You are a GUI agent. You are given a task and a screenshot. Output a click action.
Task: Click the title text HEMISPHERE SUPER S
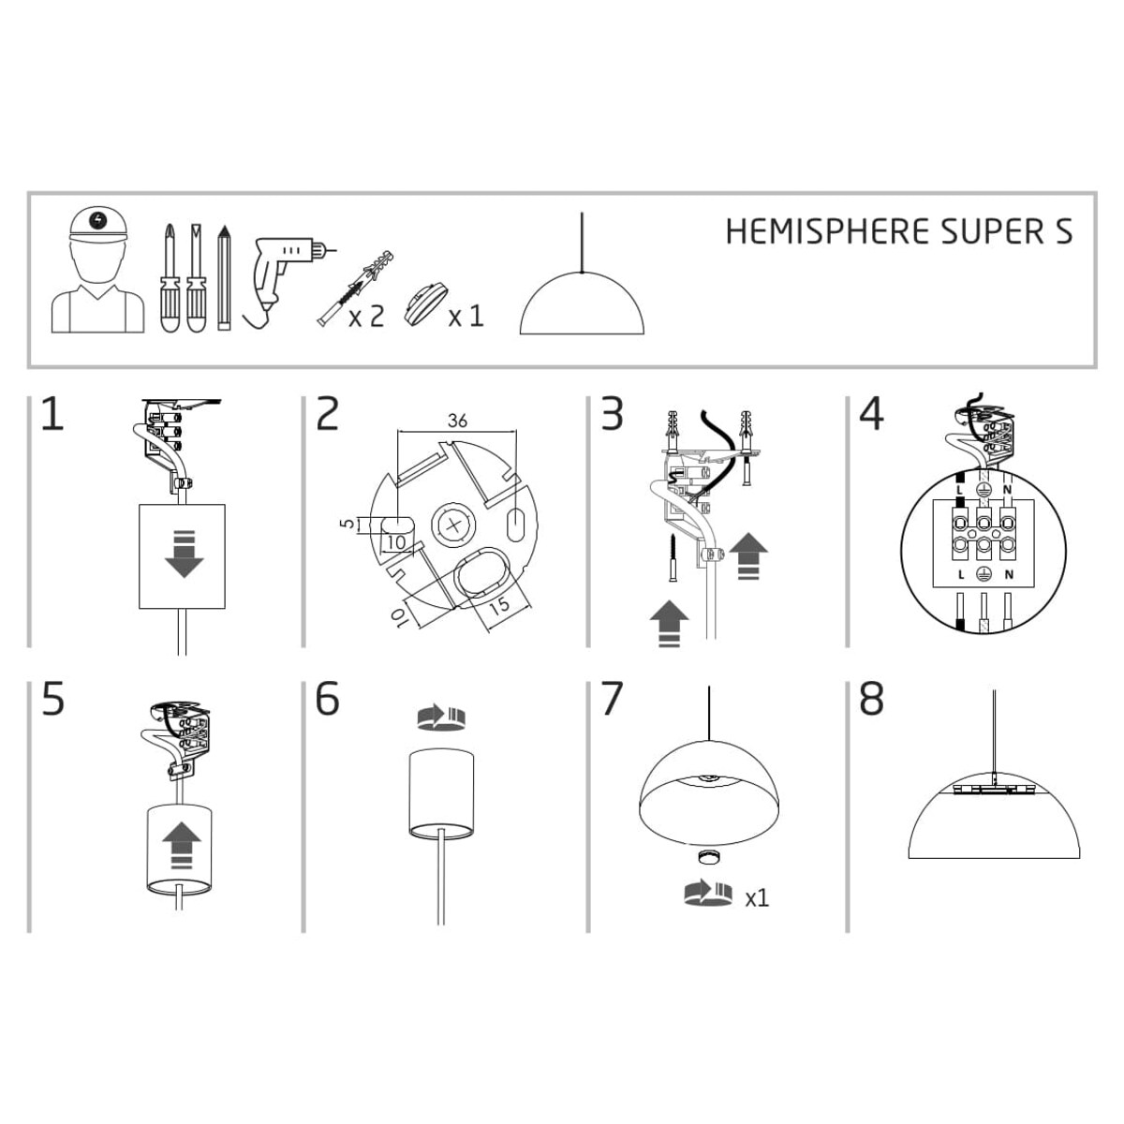point(898,231)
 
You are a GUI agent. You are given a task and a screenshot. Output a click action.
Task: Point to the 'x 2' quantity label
point(366,317)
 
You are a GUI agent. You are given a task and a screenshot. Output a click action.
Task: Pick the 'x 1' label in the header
point(466,317)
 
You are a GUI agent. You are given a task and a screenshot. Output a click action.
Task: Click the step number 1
point(52,415)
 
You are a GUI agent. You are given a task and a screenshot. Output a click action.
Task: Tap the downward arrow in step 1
point(184,555)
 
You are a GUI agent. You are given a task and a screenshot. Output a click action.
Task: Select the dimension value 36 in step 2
point(457,421)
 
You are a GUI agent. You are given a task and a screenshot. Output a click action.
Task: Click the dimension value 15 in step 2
point(500,605)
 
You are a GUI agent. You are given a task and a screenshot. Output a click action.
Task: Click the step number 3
point(612,415)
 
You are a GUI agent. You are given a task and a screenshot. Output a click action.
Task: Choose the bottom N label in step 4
point(1009,573)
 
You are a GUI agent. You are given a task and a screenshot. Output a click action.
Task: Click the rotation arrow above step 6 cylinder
point(440,717)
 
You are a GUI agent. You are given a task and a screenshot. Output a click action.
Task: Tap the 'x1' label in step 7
point(757,898)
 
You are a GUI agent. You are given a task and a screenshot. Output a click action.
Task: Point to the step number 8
point(871,700)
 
